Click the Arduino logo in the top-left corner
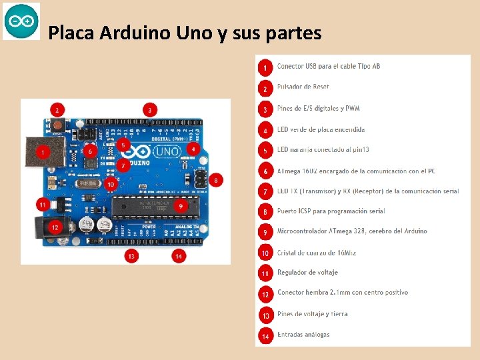(x=21, y=21)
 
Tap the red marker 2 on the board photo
(x=57, y=110)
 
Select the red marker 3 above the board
(x=151, y=109)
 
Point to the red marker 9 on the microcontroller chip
(x=180, y=207)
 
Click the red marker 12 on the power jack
(x=55, y=227)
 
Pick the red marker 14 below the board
(x=179, y=255)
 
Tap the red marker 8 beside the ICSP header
(x=216, y=180)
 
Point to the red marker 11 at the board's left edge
(x=43, y=204)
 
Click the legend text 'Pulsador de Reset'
(x=303, y=87)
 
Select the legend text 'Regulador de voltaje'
(x=307, y=273)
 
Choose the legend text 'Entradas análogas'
(x=303, y=335)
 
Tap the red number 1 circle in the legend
(x=265, y=67)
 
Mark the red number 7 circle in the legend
(x=265, y=192)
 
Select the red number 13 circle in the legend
(x=265, y=315)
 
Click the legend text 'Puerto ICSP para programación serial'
(x=331, y=211)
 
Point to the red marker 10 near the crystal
(x=111, y=183)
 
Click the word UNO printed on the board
(x=167, y=151)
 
